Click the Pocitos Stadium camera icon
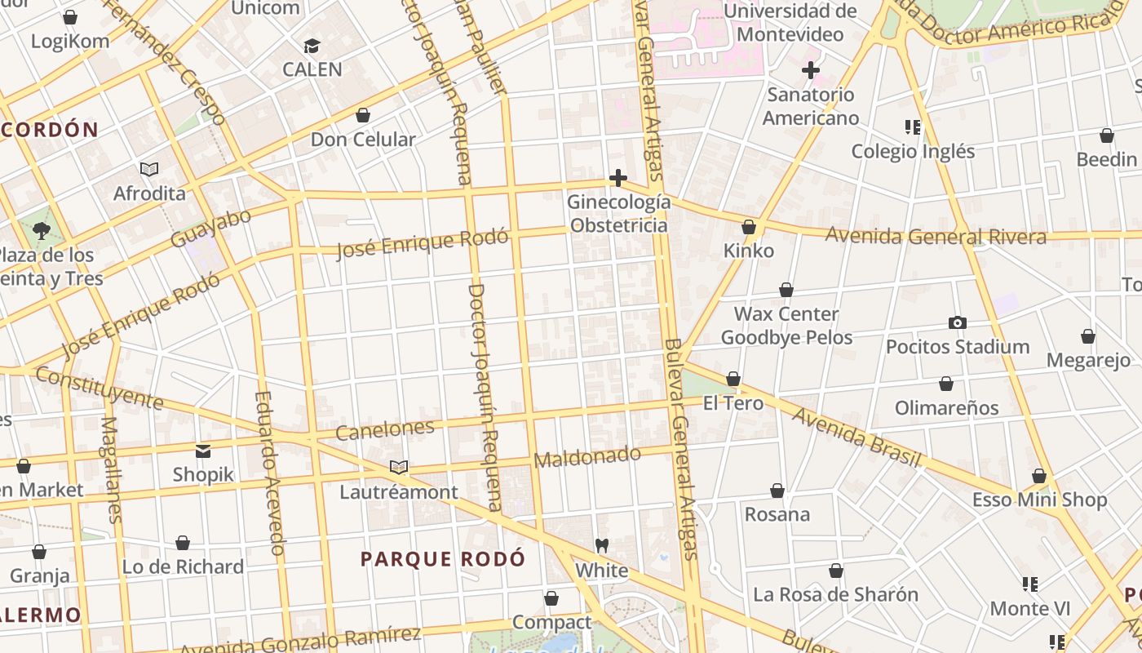tap(958, 323)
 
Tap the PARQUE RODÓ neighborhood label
tap(443, 559)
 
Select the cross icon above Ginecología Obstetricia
tap(618, 178)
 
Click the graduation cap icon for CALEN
tap(312, 46)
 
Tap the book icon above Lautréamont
tap(398, 468)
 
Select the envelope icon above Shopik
tap(203, 451)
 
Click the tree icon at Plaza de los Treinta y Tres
tap(42, 231)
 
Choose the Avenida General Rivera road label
tap(936, 237)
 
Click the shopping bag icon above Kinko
tap(749, 227)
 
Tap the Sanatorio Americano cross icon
tap(810, 70)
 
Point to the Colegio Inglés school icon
tap(913, 127)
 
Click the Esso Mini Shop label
tap(1039, 500)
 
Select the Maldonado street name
tap(586, 457)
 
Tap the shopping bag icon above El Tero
tap(733, 379)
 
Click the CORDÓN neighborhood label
tap(51, 130)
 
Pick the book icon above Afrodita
tap(148, 170)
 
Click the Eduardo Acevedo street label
tap(269, 473)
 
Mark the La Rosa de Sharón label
tap(835, 594)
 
